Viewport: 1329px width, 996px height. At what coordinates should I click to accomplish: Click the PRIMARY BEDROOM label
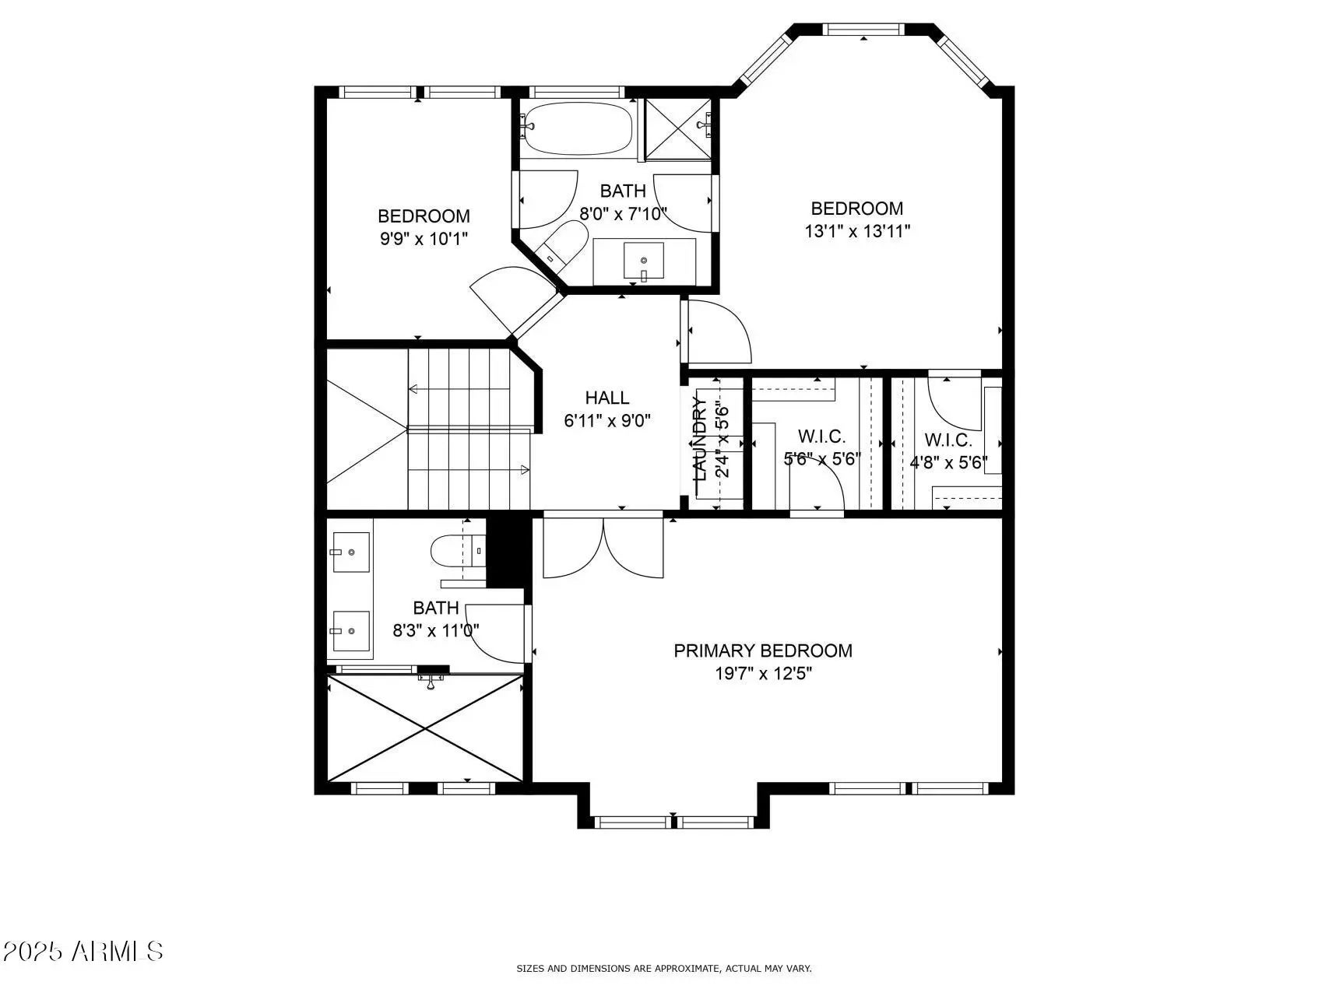tap(763, 651)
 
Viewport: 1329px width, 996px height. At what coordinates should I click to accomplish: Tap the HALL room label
tap(607, 398)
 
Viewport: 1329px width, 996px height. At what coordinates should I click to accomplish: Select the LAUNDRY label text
tap(699, 440)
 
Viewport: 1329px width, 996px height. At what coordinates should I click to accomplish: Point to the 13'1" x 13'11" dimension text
tap(857, 231)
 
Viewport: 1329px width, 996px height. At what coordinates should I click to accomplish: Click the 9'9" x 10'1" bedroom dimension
tap(424, 239)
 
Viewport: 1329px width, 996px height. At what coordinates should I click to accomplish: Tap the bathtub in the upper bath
tap(577, 128)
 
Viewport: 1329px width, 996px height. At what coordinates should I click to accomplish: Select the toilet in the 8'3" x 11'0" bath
tap(459, 551)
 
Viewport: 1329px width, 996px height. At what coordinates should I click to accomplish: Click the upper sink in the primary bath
tap(350, 552)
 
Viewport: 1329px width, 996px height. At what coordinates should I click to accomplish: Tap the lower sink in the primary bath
tap(350, 631)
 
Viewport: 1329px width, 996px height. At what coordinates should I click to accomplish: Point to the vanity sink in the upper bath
tap(644, 261)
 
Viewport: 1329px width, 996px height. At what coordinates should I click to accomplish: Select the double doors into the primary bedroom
tap(603, 549)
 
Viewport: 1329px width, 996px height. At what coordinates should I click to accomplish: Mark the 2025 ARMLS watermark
tap(83, 951)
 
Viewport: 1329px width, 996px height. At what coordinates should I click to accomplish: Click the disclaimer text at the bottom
tap(664, 969)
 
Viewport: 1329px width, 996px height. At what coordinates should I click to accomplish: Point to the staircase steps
tap(469, 429)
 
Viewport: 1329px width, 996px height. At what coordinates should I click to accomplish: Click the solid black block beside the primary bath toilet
tap(507, 553)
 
